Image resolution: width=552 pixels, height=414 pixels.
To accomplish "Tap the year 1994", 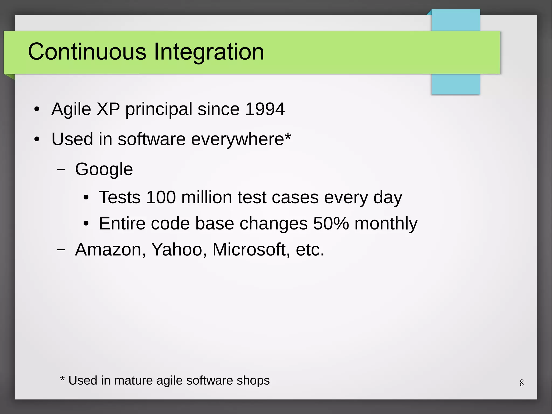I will [x=265, y=109].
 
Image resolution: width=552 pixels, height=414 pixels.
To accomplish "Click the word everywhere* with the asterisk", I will [x=241, y=139].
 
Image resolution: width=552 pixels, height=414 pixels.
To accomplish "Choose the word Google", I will [x=104, y=170].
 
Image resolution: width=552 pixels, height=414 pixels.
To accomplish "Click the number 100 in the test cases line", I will [x=161, y=197].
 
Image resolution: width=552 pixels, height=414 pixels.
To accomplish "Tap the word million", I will [x=206, y=197].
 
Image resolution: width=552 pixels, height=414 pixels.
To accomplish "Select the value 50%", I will [x=331, y=223].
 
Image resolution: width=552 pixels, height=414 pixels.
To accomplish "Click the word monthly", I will [x=386, y=224].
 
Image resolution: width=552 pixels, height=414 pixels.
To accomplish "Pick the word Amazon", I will [x=110, y=249].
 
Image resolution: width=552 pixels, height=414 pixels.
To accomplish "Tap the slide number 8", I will [x=522, y=383].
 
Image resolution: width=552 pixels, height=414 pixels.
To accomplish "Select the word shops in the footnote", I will [x=253, y=381].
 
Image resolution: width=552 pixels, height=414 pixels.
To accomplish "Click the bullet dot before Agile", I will [x=37, y=110].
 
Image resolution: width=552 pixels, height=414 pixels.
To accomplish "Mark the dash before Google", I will [x=61, y=169].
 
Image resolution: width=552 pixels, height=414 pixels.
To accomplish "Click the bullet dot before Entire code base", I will [x=86, y=224].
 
